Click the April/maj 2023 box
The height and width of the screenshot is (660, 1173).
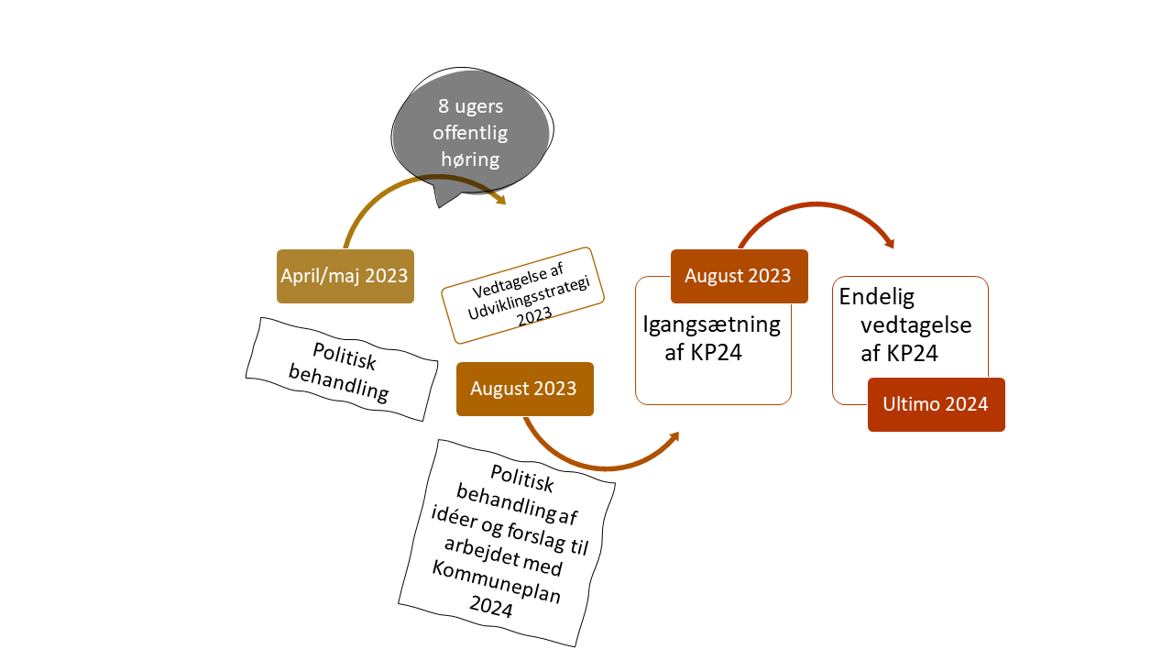coord(345,275)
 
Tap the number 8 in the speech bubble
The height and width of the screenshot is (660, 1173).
coord(443,105)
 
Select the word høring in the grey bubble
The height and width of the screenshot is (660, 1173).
coord(470,159)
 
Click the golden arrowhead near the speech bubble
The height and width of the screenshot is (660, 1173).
coord(500,200)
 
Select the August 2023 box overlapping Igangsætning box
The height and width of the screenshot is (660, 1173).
coord(738,276)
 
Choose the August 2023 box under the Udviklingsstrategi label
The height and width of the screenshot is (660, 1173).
coord(523,389)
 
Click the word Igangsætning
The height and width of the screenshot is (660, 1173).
coord(712,324)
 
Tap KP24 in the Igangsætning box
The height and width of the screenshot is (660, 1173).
coord(718,353)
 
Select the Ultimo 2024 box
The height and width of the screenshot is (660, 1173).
coord(936,403)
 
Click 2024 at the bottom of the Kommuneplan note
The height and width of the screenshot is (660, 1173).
coord(493,608)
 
